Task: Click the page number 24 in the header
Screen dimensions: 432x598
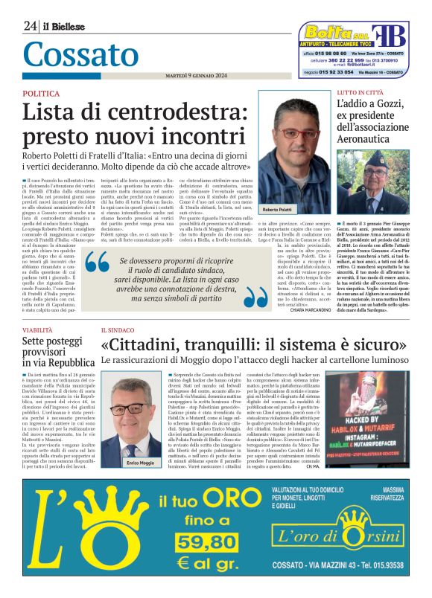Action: pos(30,27)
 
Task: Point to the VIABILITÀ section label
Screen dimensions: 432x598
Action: pos(38,328)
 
